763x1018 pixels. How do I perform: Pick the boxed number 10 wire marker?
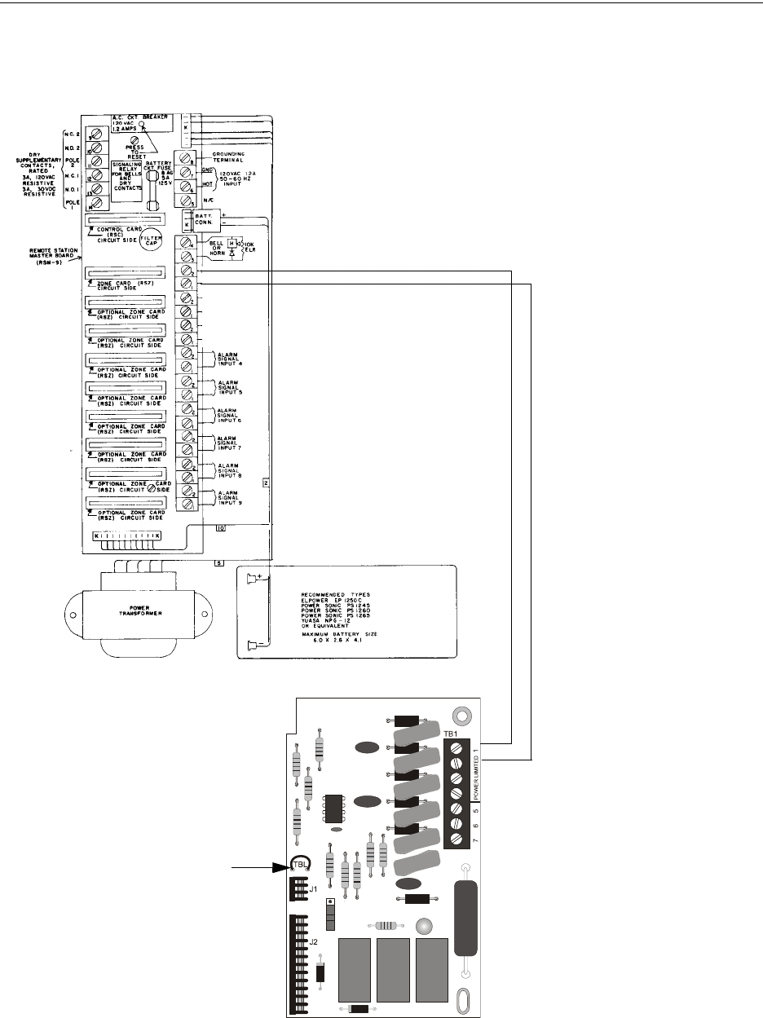click(220, 528)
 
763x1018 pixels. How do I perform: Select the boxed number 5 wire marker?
click(218, 562)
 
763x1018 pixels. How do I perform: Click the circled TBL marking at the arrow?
click(300, 865)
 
